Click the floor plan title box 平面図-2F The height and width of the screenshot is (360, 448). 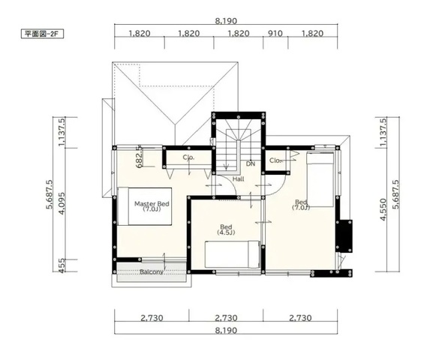pos(42,34)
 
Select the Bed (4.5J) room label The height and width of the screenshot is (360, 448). pos(226,229)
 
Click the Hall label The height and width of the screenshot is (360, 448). pos(239,179)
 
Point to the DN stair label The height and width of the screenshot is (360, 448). pos(251,163)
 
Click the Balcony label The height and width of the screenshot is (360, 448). pos(152,272)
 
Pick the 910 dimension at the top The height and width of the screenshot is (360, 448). pos(275,34)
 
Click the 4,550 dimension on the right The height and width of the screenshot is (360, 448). pos(383,210)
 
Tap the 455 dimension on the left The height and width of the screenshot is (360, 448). pos(62,265)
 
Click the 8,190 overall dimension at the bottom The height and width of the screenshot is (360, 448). pos(226,330)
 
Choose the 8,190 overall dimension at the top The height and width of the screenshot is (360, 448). pos(226,21)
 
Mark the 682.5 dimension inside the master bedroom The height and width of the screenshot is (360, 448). pos(139,157)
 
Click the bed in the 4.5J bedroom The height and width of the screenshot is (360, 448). pos(233,254)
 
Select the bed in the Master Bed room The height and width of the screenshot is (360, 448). pos(145,206)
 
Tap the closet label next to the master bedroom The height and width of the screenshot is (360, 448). pos(188,157)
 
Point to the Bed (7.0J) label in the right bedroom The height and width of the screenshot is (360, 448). pos(301,205)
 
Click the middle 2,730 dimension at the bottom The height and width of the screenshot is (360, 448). pos(226,318)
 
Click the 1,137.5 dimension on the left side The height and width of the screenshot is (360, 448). pos(62,132)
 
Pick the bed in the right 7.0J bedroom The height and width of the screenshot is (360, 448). pos(320,180)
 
